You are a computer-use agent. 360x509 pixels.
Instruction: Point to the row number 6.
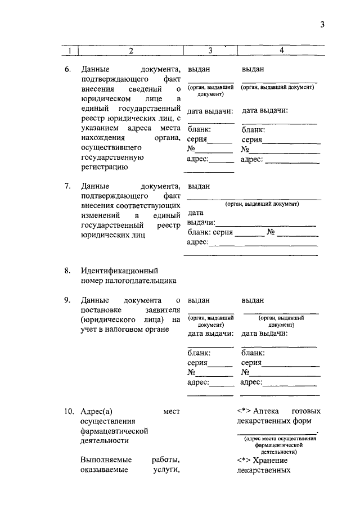pyautogui.click(x=67, y=70)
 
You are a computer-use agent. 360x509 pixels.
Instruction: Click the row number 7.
pyautogui.click(x=67, y=186)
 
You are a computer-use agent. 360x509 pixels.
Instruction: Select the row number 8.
pyautogui.click(x=67, y=271)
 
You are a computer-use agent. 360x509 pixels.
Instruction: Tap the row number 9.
pyautogui.click(x=67, y=300)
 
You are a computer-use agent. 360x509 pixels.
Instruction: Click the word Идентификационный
pyautogui.click(x=119, y=271)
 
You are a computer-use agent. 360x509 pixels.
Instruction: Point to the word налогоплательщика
pyautogui.click(x=129, y=281)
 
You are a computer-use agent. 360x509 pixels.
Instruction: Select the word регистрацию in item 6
pyautogui.click(x=104, y=167)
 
